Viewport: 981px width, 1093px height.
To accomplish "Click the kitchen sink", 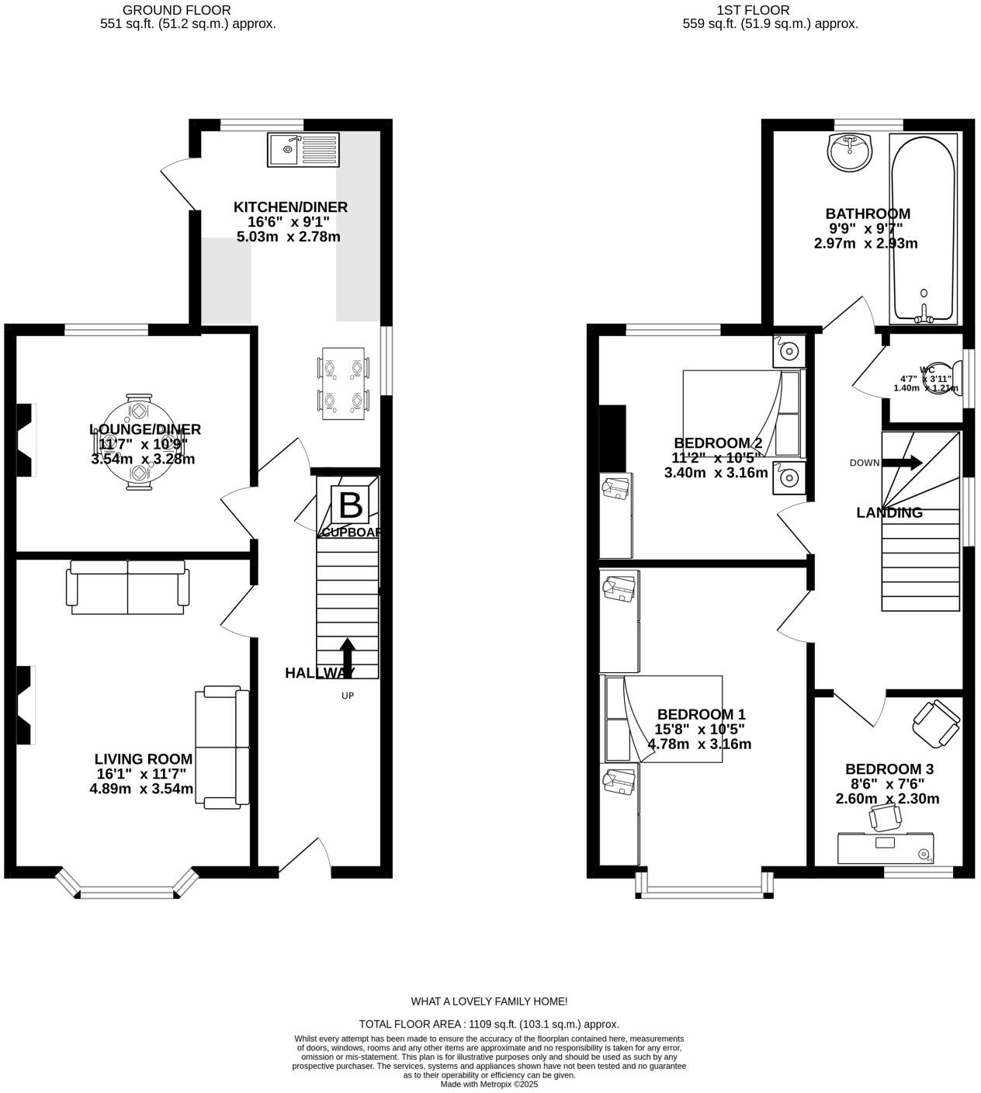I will [303, 150].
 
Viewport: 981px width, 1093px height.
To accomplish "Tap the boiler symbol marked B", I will [350, 505].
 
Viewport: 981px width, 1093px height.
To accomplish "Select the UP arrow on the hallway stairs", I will [348, 657].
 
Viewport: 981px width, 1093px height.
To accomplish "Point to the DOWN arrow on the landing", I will [903, 463].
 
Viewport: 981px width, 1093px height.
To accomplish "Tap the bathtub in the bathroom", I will [923, 228].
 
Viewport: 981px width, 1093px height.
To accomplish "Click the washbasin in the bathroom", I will [850, 151].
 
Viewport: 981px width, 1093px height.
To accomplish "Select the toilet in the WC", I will [942, 378].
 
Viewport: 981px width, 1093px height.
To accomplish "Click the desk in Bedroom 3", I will [886, 848].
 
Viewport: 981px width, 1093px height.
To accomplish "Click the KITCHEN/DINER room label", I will [290, 207].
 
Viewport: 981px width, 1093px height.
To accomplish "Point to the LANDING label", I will [889, 513].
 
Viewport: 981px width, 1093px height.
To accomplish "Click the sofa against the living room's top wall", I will [128, 587].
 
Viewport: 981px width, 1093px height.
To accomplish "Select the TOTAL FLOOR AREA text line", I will [489, 1024].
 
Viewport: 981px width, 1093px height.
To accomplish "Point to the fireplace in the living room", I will [26, 705].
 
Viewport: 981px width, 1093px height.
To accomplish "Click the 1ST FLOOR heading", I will [754, 10].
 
